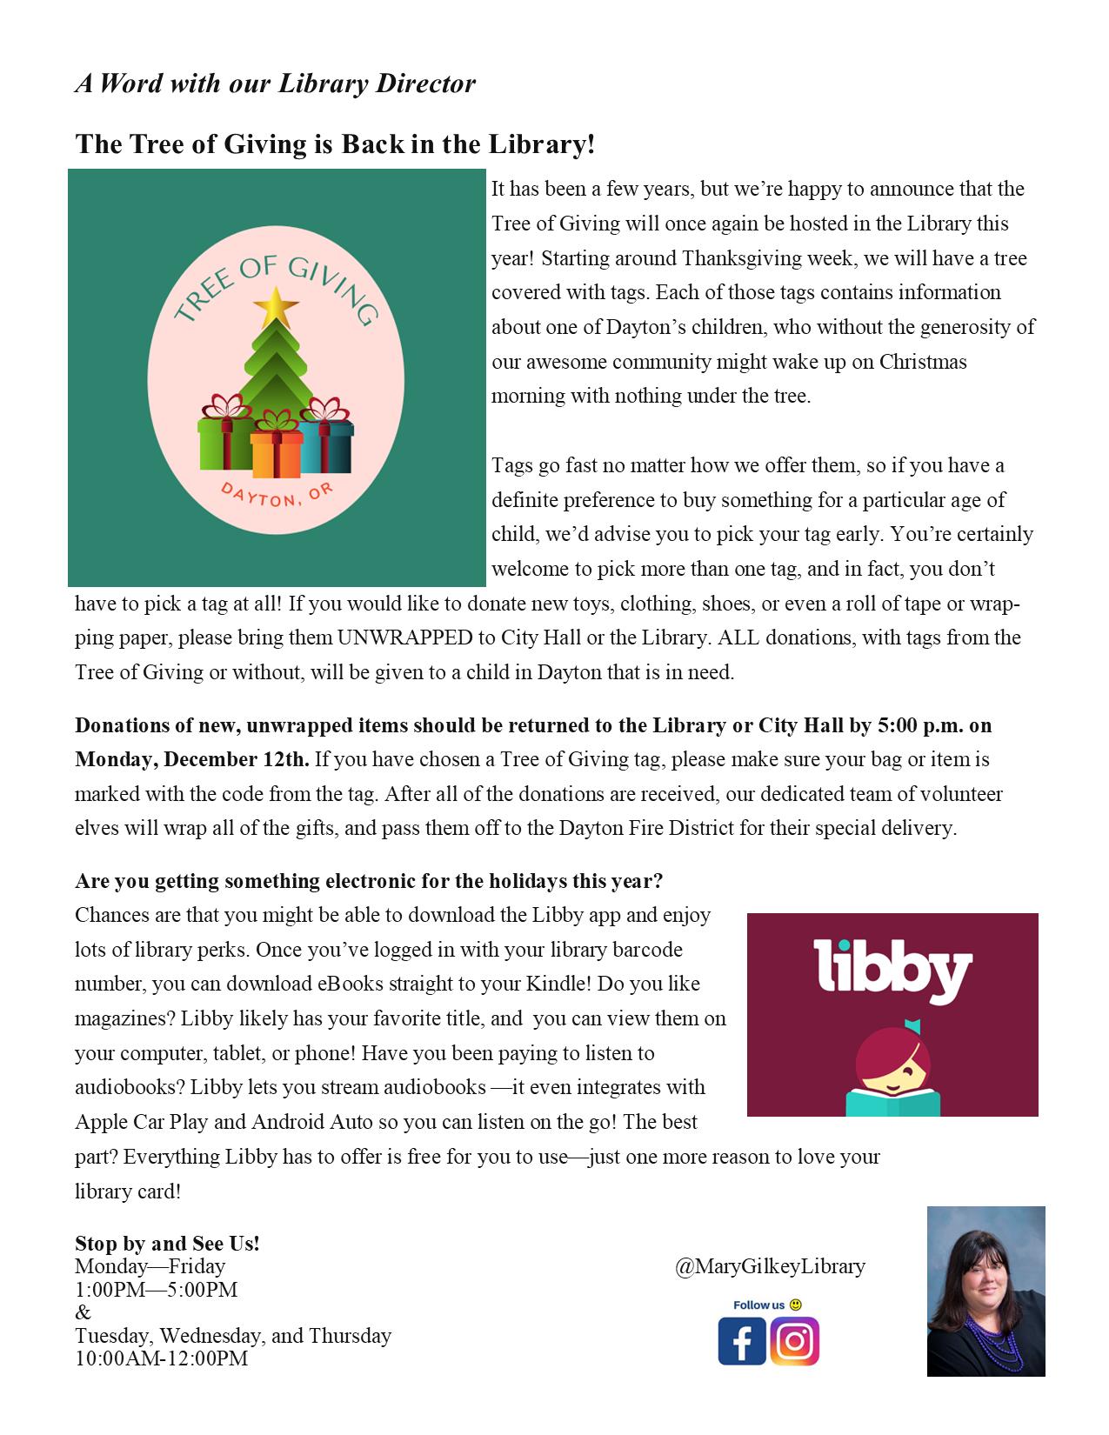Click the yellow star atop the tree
[x=277, y=305]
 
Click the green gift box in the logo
[x=224, y=444]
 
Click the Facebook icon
[x=741, y=1341]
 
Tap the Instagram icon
[x=794, y=1341]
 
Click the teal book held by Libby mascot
[x=893, y=1102]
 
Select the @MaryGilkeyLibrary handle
[x=770, y=1266]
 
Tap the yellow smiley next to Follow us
[x=795, y=1305]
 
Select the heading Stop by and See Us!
[x=167, y=1244]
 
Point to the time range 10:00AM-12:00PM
[x=161, y=1358]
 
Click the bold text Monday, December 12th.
[x=191, y=759]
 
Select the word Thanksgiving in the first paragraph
[x=736, y=258]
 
